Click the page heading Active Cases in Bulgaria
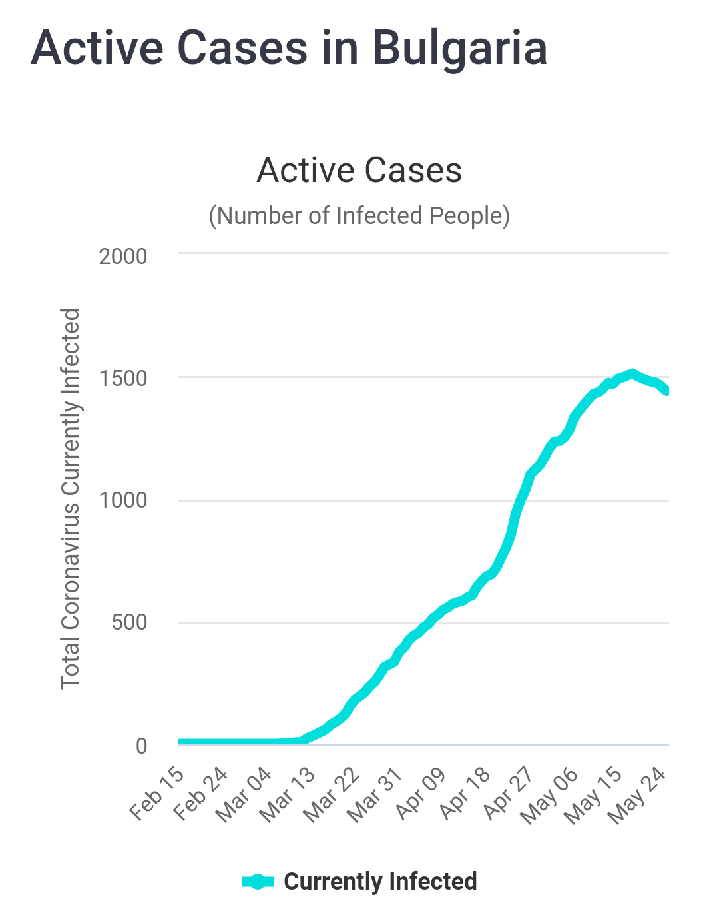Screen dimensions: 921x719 click(x=289, y=48)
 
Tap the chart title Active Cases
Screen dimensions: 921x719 click(x=359, y=170)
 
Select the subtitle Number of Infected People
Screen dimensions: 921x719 click(x=359, y=216)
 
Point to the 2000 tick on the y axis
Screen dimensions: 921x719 click(x=123, y=256)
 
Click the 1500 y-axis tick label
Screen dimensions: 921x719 click(x=123, y=379)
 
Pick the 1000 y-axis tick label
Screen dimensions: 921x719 click(x=123, y=500)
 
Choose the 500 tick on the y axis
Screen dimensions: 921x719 click(x=129, y=623)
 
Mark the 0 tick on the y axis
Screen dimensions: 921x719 click(x=141, y=746)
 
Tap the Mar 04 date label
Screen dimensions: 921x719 click(x=244, y=794)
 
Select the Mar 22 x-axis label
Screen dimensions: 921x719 click(x=332, y=794)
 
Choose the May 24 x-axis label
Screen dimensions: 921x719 click(x=638, y=796)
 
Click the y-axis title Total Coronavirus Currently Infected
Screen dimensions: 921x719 click(x=71, y=498)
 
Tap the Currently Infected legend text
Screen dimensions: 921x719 click(x=380, y=882)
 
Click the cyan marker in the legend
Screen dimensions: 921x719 click(x=258, y=882)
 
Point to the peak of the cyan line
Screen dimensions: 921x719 click(x=632, y=374)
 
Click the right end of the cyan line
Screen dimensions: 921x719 click(x=666, y=391)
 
